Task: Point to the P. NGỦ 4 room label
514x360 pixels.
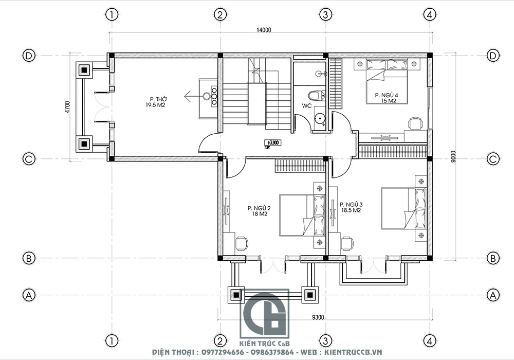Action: (x=386, y=98)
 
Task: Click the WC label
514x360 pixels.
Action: (x=307, y=106)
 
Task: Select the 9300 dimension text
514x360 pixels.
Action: (x=317, y=317)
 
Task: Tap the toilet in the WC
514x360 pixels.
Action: (x=315, y=95)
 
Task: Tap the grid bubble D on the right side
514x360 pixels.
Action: (x=493, y=55)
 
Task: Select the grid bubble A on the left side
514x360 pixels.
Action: (x=29, y=295)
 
